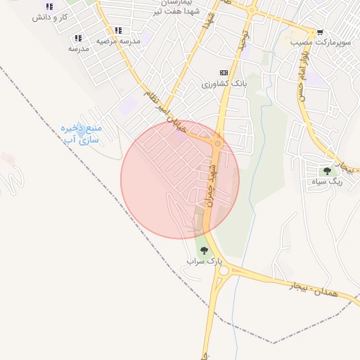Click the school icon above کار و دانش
(x=49, y=6)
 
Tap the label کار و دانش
(x=49, y=16)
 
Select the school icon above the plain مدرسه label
(x=78, y=38)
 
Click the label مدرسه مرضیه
(x=118, y=41)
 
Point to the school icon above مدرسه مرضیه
(x=118, y=31)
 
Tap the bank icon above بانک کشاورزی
(x=224, y=72)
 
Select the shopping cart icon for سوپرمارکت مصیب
(x=320, y=32)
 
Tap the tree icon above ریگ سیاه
(x=327, y=170)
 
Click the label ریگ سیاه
(x=326, y=181)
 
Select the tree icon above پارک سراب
(x=204, y=250)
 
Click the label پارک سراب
(x=204, y=261)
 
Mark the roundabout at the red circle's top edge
(x=217, y=143)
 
